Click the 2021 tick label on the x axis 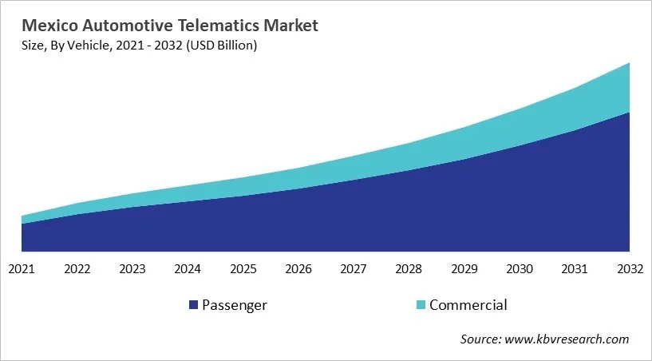[x=22, y=269]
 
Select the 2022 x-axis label [x=77, y=269]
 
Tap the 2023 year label [x=132, y=269]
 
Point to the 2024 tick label [x=188, y=269]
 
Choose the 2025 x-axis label [x=243, y=269]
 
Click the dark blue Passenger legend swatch [x=193, y=305]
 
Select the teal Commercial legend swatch [x=421, y=305]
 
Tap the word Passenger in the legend [x=235, y=305]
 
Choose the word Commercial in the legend [x=468, y=305]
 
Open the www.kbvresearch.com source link [x=567, y=339]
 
